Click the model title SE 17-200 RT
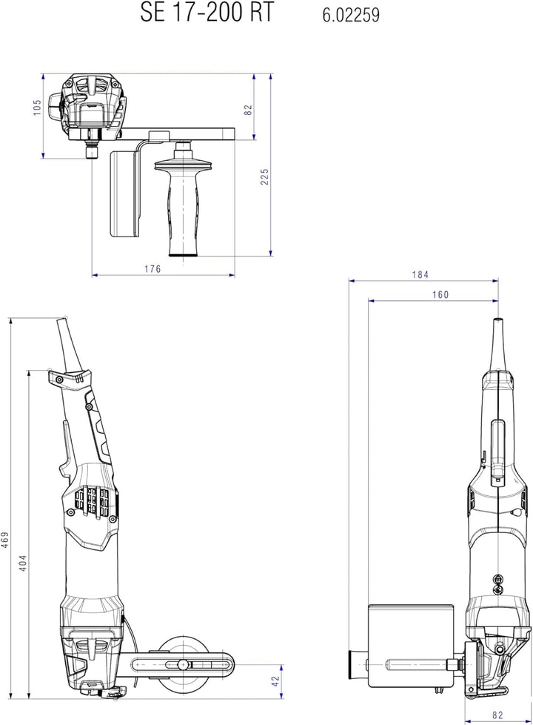coord(207,13)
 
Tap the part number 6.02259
coord(351,16)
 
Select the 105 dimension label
coord(38,107)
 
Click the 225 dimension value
coord(264,176)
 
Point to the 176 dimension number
coord(152,268)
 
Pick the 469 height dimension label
coord(4,540)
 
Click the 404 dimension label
coord(23,563)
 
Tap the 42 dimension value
coord(275,681)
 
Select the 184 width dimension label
coord(420,274)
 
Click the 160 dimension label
coord(440,294)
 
